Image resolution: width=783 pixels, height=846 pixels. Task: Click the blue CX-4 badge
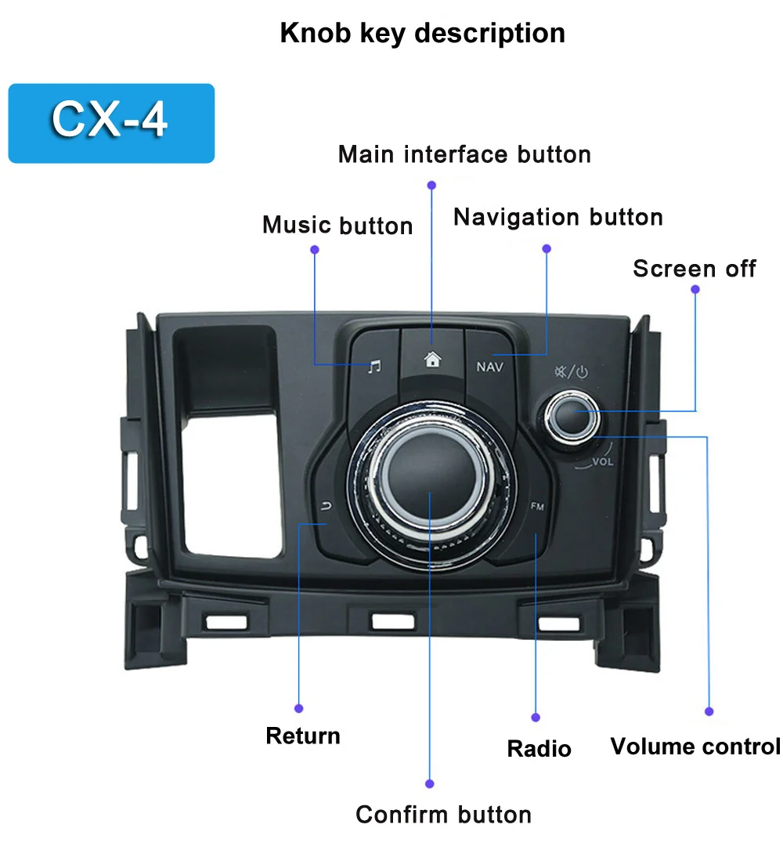(x=110, y=123)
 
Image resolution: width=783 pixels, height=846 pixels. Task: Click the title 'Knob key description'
(x=422, y=33)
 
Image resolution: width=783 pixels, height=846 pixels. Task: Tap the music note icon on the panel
(x=375, y=366)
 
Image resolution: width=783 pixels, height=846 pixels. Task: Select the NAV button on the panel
(x=490, y=366)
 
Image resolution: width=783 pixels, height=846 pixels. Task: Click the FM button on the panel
(x=537, y=507)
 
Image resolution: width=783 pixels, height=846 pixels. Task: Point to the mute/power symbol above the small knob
(x=570, y=373)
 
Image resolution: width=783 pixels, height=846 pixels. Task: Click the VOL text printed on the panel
(x=602, y=461)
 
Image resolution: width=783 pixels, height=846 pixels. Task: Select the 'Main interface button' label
(x=464, y=154)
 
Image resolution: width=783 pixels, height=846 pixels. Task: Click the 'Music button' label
(x=337, y=226)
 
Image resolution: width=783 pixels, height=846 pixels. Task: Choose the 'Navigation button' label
(x=557, y=217)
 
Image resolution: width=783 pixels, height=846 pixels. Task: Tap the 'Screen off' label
(x=694, y=269)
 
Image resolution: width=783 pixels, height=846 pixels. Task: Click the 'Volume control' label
(x=695, y=746)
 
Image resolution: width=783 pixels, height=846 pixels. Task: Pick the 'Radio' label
(x=539, y=748)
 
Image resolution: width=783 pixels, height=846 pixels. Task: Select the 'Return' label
(x=303, y=736)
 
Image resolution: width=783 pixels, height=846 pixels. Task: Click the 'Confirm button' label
(x=443, y=815)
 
